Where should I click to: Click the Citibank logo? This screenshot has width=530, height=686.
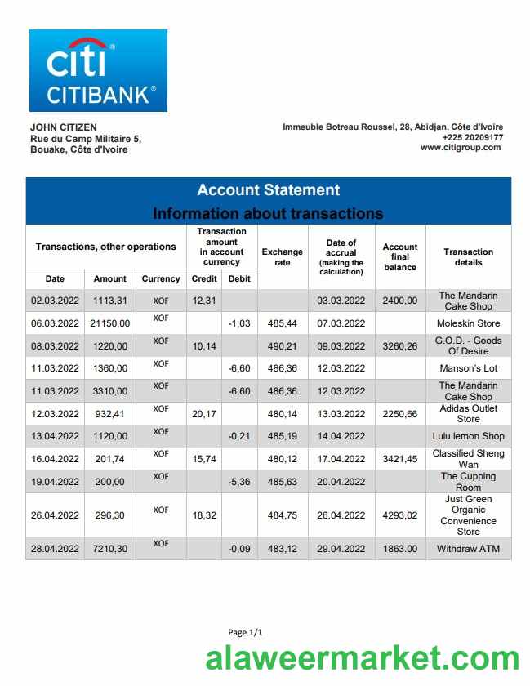98,71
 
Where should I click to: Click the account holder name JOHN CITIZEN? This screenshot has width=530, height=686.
63,127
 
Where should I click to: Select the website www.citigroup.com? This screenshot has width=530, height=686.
461,148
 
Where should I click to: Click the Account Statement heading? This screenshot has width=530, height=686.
268,190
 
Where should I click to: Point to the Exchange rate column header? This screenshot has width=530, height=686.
282,257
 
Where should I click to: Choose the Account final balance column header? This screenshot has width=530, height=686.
400,257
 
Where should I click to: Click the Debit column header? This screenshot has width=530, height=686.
239,278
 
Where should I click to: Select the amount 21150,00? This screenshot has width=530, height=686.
110,323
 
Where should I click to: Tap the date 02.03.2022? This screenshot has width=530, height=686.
55,301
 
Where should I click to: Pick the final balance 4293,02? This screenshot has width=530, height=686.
400,515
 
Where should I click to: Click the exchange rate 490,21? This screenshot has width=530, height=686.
282,346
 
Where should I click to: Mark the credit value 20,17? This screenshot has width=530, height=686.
203,414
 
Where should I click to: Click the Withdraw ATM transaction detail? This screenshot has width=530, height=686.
468,549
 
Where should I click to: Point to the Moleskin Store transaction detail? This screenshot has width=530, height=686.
468,323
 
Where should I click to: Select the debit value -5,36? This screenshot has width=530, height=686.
239,482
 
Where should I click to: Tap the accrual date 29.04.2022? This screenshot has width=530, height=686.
341,549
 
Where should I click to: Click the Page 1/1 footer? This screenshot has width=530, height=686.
245,632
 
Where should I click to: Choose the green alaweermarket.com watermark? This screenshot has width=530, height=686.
362,659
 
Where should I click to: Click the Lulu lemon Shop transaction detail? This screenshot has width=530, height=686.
468,436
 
